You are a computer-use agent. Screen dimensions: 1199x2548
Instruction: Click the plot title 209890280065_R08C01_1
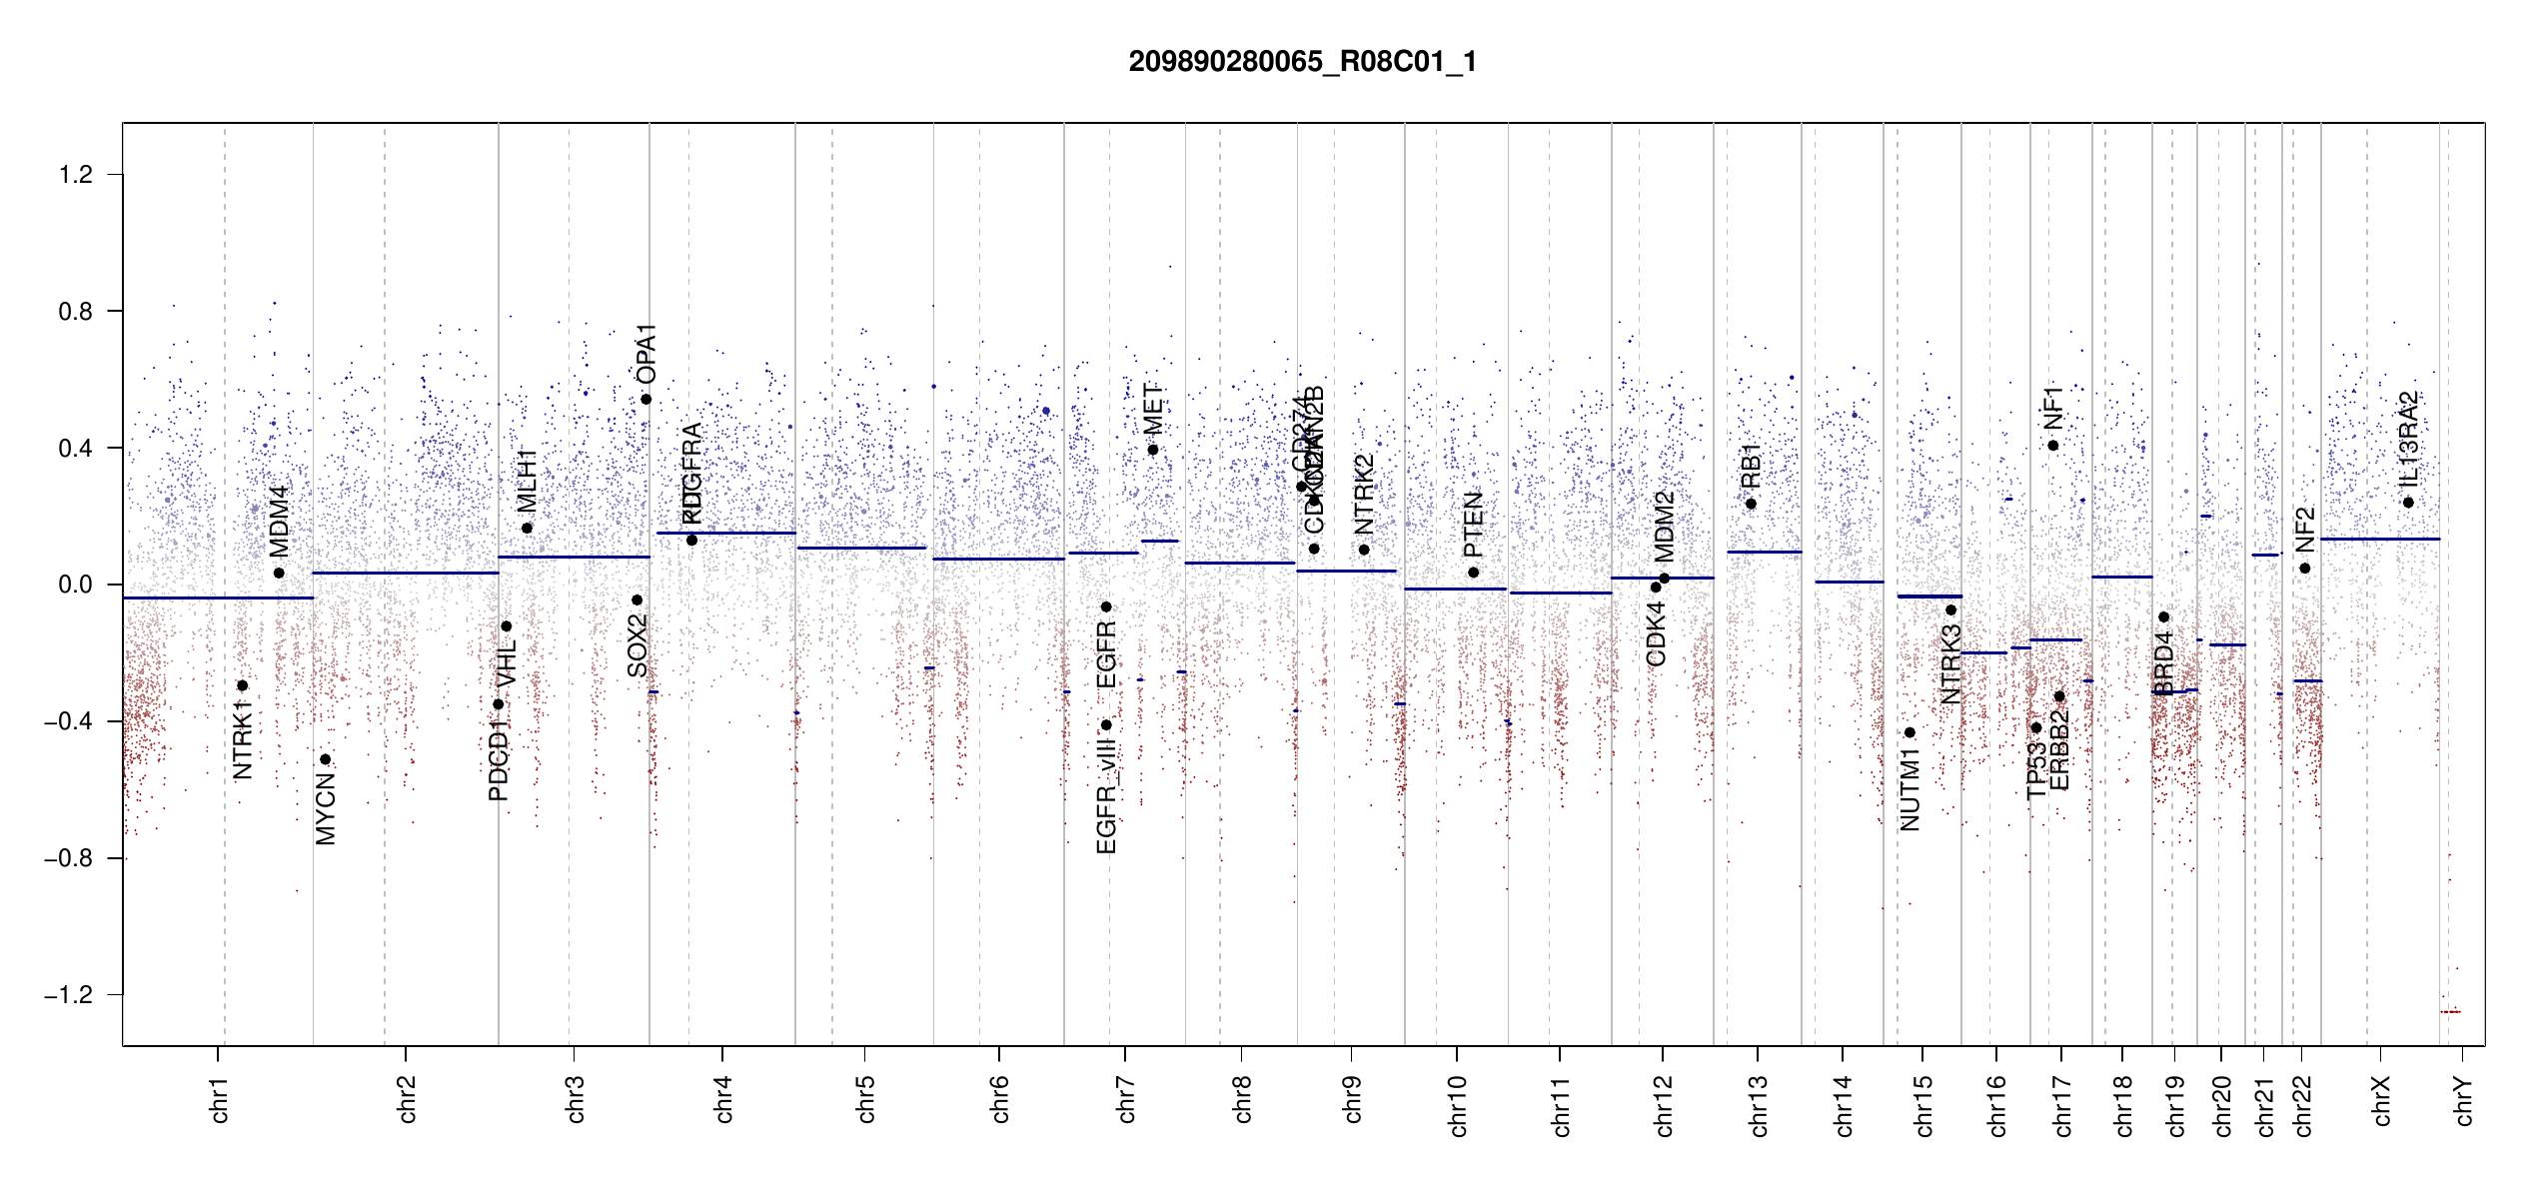click(x=1302, y=62)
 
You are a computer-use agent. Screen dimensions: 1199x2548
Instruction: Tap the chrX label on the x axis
click(x=2382, y=1100)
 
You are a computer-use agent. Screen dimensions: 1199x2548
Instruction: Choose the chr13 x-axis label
click(x=1759, y=1105)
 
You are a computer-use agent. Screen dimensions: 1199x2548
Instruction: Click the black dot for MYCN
click(x=325, y=759)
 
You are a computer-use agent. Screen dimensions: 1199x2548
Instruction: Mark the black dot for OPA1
click(x=646, y=400)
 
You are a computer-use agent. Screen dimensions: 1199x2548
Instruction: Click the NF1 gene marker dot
click(x=2053, y=446)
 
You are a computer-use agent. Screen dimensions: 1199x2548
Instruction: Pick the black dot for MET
click(x=1153, y=450)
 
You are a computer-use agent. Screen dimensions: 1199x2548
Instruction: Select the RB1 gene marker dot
click(x=1751, y=504)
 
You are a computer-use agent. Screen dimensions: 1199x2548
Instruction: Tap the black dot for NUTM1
click(x=1910, y=732)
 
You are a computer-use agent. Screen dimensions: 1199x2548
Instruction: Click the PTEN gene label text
click(x=1473, y=525)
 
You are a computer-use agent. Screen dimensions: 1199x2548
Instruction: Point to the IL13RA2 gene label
click(x=2408, y=436)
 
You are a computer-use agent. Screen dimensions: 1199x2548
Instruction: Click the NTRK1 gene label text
click(x=242, y=739)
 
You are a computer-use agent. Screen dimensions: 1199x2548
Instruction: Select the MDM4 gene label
click(x=279, y=521)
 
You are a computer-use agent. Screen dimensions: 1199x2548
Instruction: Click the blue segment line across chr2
click(x=405, y=573)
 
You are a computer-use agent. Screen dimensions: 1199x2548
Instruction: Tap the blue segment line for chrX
click(x=2379, y=539)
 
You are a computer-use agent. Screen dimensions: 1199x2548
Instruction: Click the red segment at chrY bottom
click(x=2450, y=1012)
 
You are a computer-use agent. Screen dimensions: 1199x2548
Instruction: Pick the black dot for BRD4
click(x=2163, y=617)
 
